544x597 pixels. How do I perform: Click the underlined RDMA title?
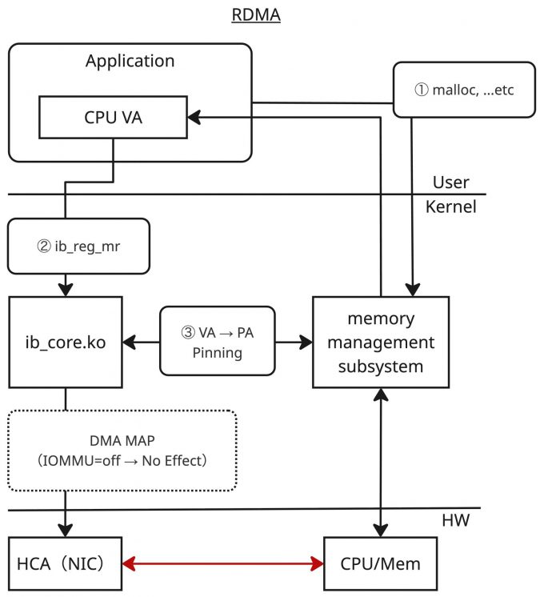tap(256, 15)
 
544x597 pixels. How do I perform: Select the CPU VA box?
tap(112, 119)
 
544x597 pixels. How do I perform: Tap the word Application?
tap(130, 61)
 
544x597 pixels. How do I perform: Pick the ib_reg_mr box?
tap(78, 245)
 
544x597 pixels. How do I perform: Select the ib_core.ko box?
tap(66, 342)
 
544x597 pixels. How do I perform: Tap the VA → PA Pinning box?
tap(218, 341)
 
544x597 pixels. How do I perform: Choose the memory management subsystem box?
tap(379, 343)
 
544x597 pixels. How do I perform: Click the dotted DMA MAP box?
tap(123, 450)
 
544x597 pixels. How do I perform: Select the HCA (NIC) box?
tap(66, 564)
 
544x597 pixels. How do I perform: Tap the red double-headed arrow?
tap(222, 564)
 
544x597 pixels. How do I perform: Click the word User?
tap(450, 182)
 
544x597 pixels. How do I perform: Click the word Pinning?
tap(218, 352)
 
